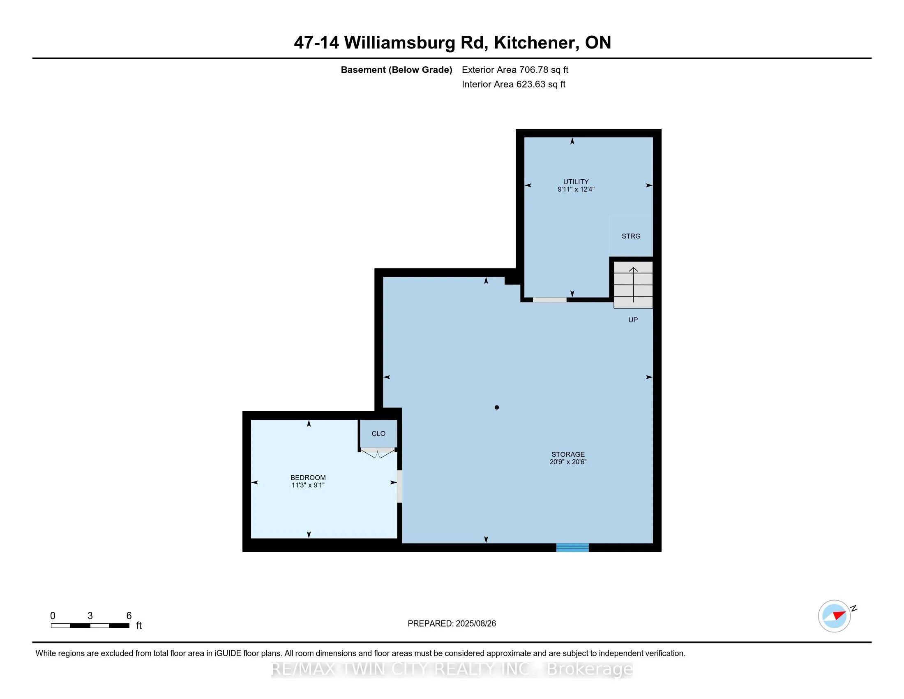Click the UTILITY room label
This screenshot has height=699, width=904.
[x=575, y=181]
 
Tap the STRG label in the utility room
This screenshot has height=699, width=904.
[x=631, y=236]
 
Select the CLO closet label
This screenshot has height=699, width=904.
[x=378, y=433]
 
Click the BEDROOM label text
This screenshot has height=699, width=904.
[x=308, y=477]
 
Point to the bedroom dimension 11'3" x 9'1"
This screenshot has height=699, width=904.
[x=308, y=485]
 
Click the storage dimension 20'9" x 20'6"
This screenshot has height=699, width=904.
[x=568, y=462]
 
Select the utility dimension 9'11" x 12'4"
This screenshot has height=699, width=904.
[x=576, y=189]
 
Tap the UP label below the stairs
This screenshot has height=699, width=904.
[x=633, y=319]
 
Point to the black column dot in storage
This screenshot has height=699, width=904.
[x=497, y=407]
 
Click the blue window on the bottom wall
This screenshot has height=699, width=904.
[x=572, y=547]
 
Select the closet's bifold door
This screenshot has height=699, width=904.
[x=377, y=453]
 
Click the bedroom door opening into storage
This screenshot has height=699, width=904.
[x=399, y=486]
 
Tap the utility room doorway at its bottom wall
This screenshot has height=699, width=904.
[x=549, y=300]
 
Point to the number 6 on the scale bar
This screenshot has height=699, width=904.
[x=129, y=616]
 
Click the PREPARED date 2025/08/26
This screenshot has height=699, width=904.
[x=452, y=624]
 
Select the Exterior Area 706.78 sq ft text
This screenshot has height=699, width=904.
[x=515, y=69]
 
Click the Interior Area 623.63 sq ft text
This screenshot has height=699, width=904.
[x=513, y=84]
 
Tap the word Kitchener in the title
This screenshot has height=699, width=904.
[x=536, y=43]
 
